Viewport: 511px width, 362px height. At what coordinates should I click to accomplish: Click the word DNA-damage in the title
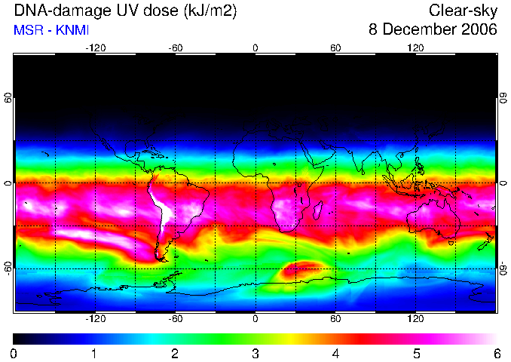coord(61,11)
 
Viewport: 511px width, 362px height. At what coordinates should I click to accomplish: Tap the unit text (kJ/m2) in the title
coord(210,11)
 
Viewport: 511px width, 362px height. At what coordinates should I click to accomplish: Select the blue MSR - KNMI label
coord(51,30)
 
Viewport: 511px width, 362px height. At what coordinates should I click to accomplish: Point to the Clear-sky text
coord(463,11)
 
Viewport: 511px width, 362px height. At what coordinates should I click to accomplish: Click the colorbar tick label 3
coord(255,353)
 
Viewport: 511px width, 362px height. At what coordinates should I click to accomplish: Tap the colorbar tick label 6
coord(497,353)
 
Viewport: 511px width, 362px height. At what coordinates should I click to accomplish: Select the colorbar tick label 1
coord(94,353)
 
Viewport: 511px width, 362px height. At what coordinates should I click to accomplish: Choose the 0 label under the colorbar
coord(14,353)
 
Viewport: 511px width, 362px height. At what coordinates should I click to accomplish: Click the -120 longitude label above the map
coord(96,48)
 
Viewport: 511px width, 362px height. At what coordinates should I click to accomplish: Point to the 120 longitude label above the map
coord(415,48)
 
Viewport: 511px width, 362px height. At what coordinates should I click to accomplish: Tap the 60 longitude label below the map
coord(335,318)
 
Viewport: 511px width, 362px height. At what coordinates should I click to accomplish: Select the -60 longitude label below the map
coord(176,318)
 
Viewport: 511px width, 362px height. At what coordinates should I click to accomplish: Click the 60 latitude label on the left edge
coord(8,97)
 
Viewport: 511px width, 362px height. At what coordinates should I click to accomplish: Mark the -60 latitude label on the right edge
coord(503,268)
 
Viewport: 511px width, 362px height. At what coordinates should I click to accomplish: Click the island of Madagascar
coord(318,210)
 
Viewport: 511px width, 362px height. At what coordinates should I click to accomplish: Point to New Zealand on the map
coord(486,241)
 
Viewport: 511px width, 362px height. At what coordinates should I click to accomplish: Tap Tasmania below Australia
coord(451,243)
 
